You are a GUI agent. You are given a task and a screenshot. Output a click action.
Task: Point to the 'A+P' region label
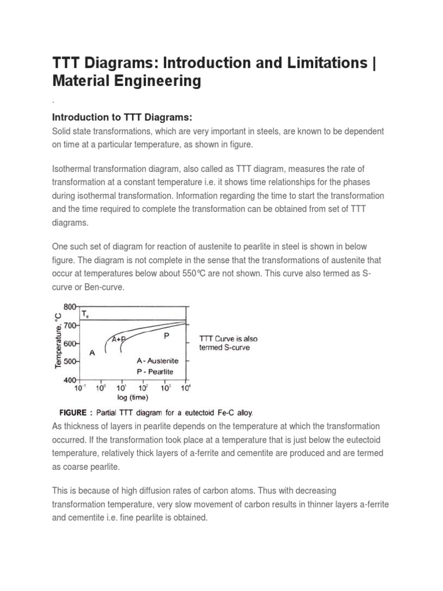click(x=119, y=339)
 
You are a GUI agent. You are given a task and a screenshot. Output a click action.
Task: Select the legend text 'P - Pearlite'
click(x=155, y=372)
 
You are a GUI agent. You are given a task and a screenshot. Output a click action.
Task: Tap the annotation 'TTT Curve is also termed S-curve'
click(x=228, y=343)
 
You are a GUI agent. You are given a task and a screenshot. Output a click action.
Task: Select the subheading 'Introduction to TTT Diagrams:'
click(x=122, y=117)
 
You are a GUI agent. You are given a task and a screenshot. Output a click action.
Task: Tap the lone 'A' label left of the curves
click(x=92, y=352)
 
